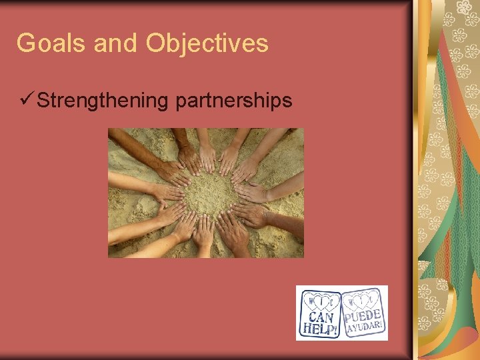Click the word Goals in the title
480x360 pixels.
click(x=52, y=43)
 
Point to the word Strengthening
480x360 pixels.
click(x=103, y=101)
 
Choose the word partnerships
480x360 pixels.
click(x=233, y=101)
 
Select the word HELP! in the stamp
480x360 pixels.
click(x=320, y=329)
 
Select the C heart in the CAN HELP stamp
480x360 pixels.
click(x=332, y=302)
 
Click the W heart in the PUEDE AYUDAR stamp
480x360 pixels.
click(x=351, y=300)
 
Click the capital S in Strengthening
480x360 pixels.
click(x=44, y=101)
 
